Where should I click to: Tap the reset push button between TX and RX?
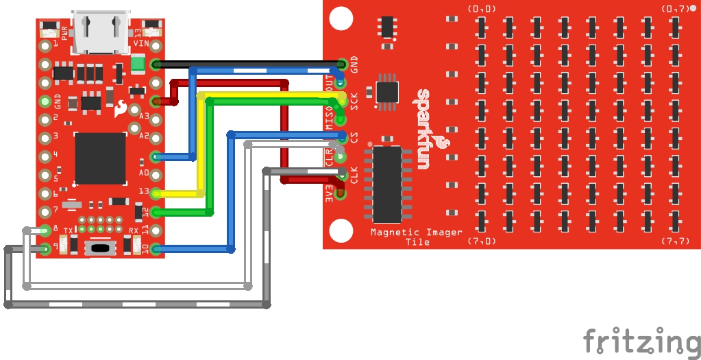click(x=100, y=247)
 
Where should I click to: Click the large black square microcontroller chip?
click(x=100, y=158)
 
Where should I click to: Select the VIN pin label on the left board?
click(x=141, y=43)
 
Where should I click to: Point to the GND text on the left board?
click(x=58, y=102)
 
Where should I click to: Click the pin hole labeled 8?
click(x=45, y=230)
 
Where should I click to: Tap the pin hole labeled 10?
click(x=156, y=248)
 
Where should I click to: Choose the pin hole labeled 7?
click(x=45, y=211)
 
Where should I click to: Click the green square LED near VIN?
click(x=138, y=64)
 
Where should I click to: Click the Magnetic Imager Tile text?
click(x=417, y=237)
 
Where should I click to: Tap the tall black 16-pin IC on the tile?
click(x=387, y=183)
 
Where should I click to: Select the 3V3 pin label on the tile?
click(x=330, y=193)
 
